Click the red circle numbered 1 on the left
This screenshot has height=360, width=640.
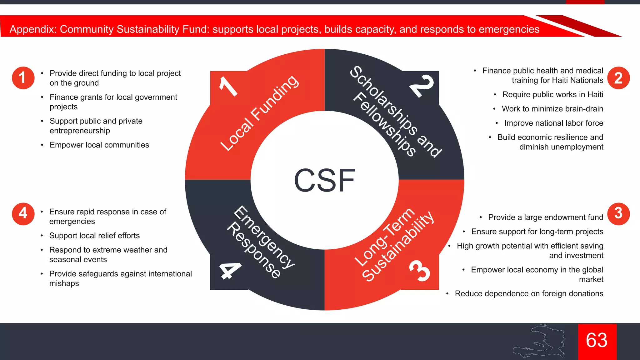point(23,78)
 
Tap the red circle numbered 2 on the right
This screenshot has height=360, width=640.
point(618,78)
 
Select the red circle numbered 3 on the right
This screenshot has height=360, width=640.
point(618,214)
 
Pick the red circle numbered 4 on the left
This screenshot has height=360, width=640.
point(23,214)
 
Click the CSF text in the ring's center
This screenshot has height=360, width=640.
point(324,180)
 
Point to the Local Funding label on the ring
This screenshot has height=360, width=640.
point(259,113)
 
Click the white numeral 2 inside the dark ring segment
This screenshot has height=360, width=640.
point(422,86)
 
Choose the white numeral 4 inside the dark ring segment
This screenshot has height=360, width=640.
point(230,270)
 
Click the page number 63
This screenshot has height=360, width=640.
point(597,340)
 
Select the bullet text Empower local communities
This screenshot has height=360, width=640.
point(99,145)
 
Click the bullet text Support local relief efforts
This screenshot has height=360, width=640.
point(94,236)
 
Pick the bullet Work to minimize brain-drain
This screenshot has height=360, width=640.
point(552,109)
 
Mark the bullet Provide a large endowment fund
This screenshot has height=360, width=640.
point(545,217)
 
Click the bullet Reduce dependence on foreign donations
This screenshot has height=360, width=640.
point(529,293)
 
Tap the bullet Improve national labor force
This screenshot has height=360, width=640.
point(553,123)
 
